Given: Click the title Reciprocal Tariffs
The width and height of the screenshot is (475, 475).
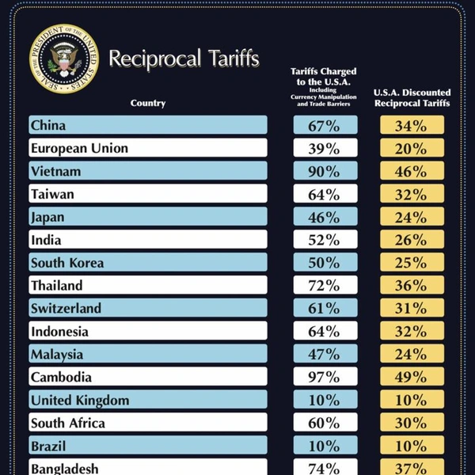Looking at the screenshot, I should [x=184, y=59].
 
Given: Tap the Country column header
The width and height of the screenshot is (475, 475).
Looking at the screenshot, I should [x=148, y=103].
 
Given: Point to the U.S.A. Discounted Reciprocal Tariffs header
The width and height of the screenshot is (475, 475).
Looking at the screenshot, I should [x=412, y=97].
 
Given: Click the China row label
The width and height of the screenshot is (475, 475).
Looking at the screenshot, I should [x=48, y=125].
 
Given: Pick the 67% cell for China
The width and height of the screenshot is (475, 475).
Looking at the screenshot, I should [x=325, y=125].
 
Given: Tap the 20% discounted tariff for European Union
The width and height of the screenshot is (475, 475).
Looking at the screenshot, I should [x=412, y=148].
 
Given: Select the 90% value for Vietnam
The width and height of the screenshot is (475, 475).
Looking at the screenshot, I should [x=325, y=171].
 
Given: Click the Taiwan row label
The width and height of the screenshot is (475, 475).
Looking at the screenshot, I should [x=53, y=194].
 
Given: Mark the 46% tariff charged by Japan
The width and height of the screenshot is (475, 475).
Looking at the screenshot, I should [x=325, y=217].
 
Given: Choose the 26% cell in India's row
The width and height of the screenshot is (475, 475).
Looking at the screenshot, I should [x=412, y=240].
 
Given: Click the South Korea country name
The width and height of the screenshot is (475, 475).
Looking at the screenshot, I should [x=67, y=263].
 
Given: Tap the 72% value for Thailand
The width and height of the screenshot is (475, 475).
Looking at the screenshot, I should [x=325, y=286].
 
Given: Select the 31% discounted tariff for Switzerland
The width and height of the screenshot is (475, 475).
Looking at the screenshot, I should [x=412, y=309].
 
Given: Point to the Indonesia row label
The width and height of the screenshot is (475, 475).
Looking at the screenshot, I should [x=59, y=332].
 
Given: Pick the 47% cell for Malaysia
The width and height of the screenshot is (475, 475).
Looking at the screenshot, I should [x=325, y=355].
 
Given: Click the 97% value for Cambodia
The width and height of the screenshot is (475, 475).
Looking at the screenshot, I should [x=325, y=378].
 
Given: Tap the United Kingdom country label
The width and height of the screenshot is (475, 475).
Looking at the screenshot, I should [x=80, y=401].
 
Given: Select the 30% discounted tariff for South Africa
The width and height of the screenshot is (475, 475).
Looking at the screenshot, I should [x=412, y=424].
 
